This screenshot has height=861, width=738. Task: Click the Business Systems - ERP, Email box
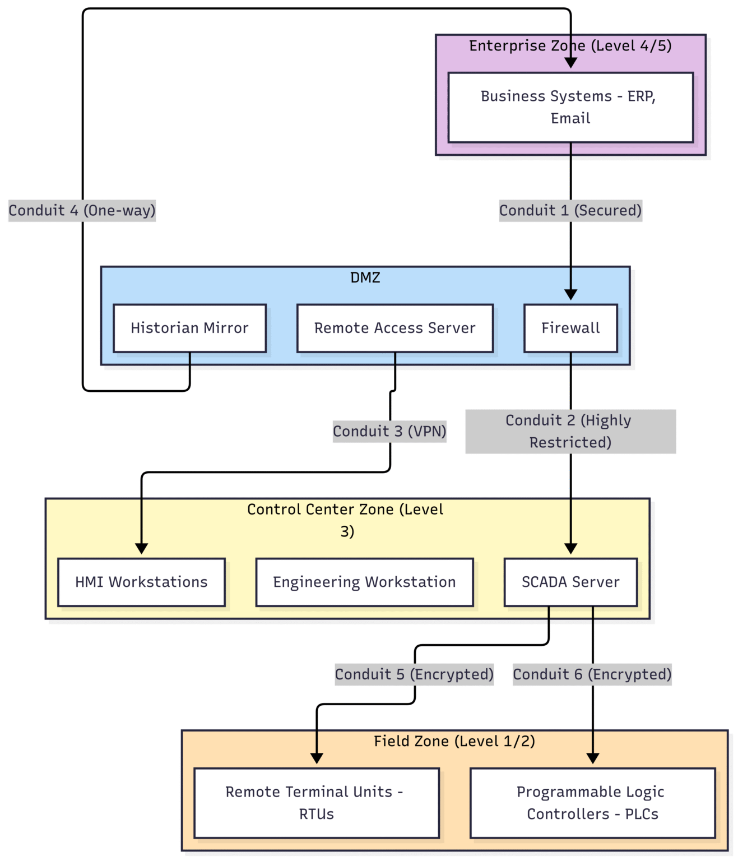coord(570,107)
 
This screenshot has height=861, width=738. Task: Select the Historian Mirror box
coord(189,328)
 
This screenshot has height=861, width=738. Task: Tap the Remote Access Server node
coord(394,328)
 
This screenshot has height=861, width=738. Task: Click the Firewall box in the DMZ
coord(570,328)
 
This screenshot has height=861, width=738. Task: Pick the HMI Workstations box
coord(141,582)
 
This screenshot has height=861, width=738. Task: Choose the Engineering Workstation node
coord(364,582)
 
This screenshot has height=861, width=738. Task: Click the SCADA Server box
coord(570,582)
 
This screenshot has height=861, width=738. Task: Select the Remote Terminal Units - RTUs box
coord(316,803)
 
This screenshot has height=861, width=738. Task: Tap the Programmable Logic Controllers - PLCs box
coord(592,803)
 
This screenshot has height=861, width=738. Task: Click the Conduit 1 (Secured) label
coord(570,210)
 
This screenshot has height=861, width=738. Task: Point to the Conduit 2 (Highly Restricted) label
coord(570,431)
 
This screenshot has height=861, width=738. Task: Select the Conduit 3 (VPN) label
coord(389,431)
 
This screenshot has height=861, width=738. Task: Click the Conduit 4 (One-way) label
coord(82,210)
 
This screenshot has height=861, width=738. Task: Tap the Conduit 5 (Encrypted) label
coord(414,674)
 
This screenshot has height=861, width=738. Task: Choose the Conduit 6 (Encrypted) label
coord(592,674)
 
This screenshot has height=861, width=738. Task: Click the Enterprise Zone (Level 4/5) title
coord(570,45)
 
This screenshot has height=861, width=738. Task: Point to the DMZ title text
coord(365,277)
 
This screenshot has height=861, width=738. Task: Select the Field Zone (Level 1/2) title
coord(454,741)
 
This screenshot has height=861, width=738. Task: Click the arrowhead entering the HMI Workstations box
coord(141,549)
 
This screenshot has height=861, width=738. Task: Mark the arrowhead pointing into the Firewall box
coord(570,295)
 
